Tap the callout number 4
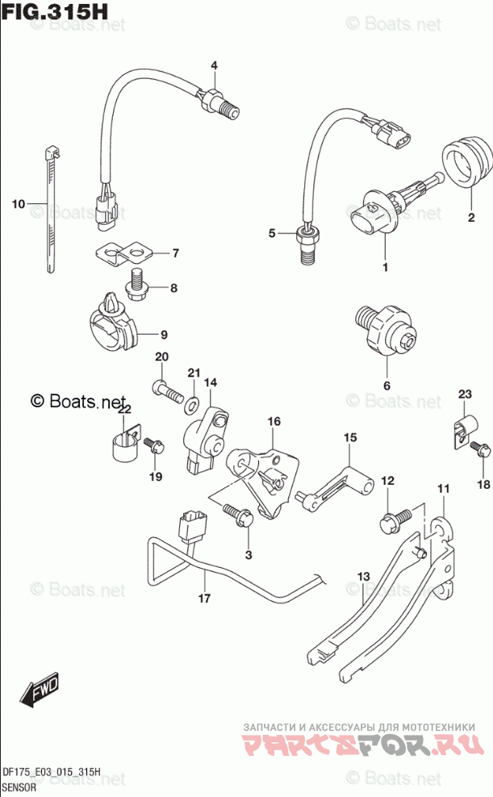point(215,65)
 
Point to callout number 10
point(19,203)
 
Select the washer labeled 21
point(194,401)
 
